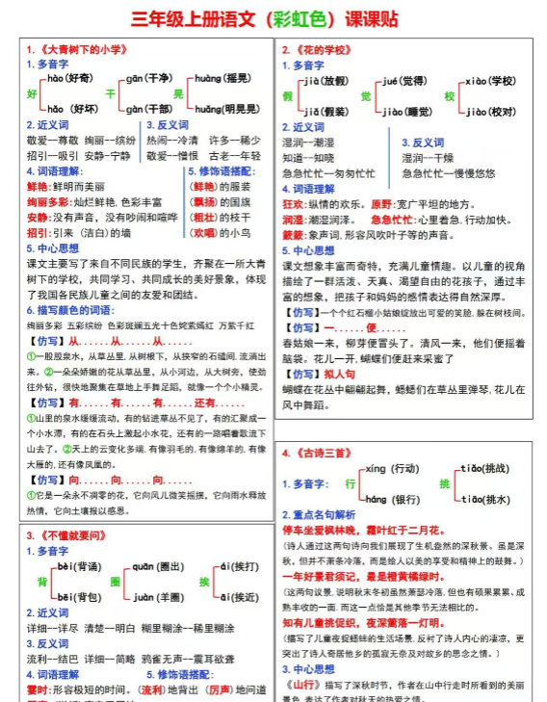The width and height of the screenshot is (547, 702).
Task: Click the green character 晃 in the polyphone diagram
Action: pyautogui.click(x=177, y=93)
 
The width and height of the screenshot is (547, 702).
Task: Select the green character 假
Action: pyautogui.click(x=286, y=97)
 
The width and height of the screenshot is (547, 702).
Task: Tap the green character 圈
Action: pyautogui.click(x=115, y=584)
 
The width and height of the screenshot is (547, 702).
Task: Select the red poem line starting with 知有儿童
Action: pyautogui.click(x=363, y=623)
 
